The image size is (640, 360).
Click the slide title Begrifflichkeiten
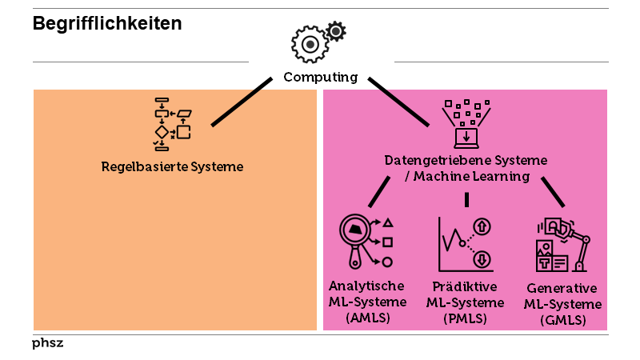coord(107,24)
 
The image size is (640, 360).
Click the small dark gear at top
coord(337,31)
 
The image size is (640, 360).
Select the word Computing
coord(320,78)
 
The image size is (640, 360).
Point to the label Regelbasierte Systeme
coord(172,167)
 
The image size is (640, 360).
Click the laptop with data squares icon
coord(466,124)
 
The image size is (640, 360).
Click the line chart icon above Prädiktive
coord(466,242)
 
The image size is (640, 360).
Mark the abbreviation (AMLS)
coord(366,318)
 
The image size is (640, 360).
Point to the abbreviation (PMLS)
coord(465,318)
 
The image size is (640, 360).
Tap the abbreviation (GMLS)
coord(562,320)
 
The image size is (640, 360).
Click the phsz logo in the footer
coord(47,343)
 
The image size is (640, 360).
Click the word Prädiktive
coord(465,286)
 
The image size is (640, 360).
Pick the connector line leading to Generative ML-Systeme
coord(553,192)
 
